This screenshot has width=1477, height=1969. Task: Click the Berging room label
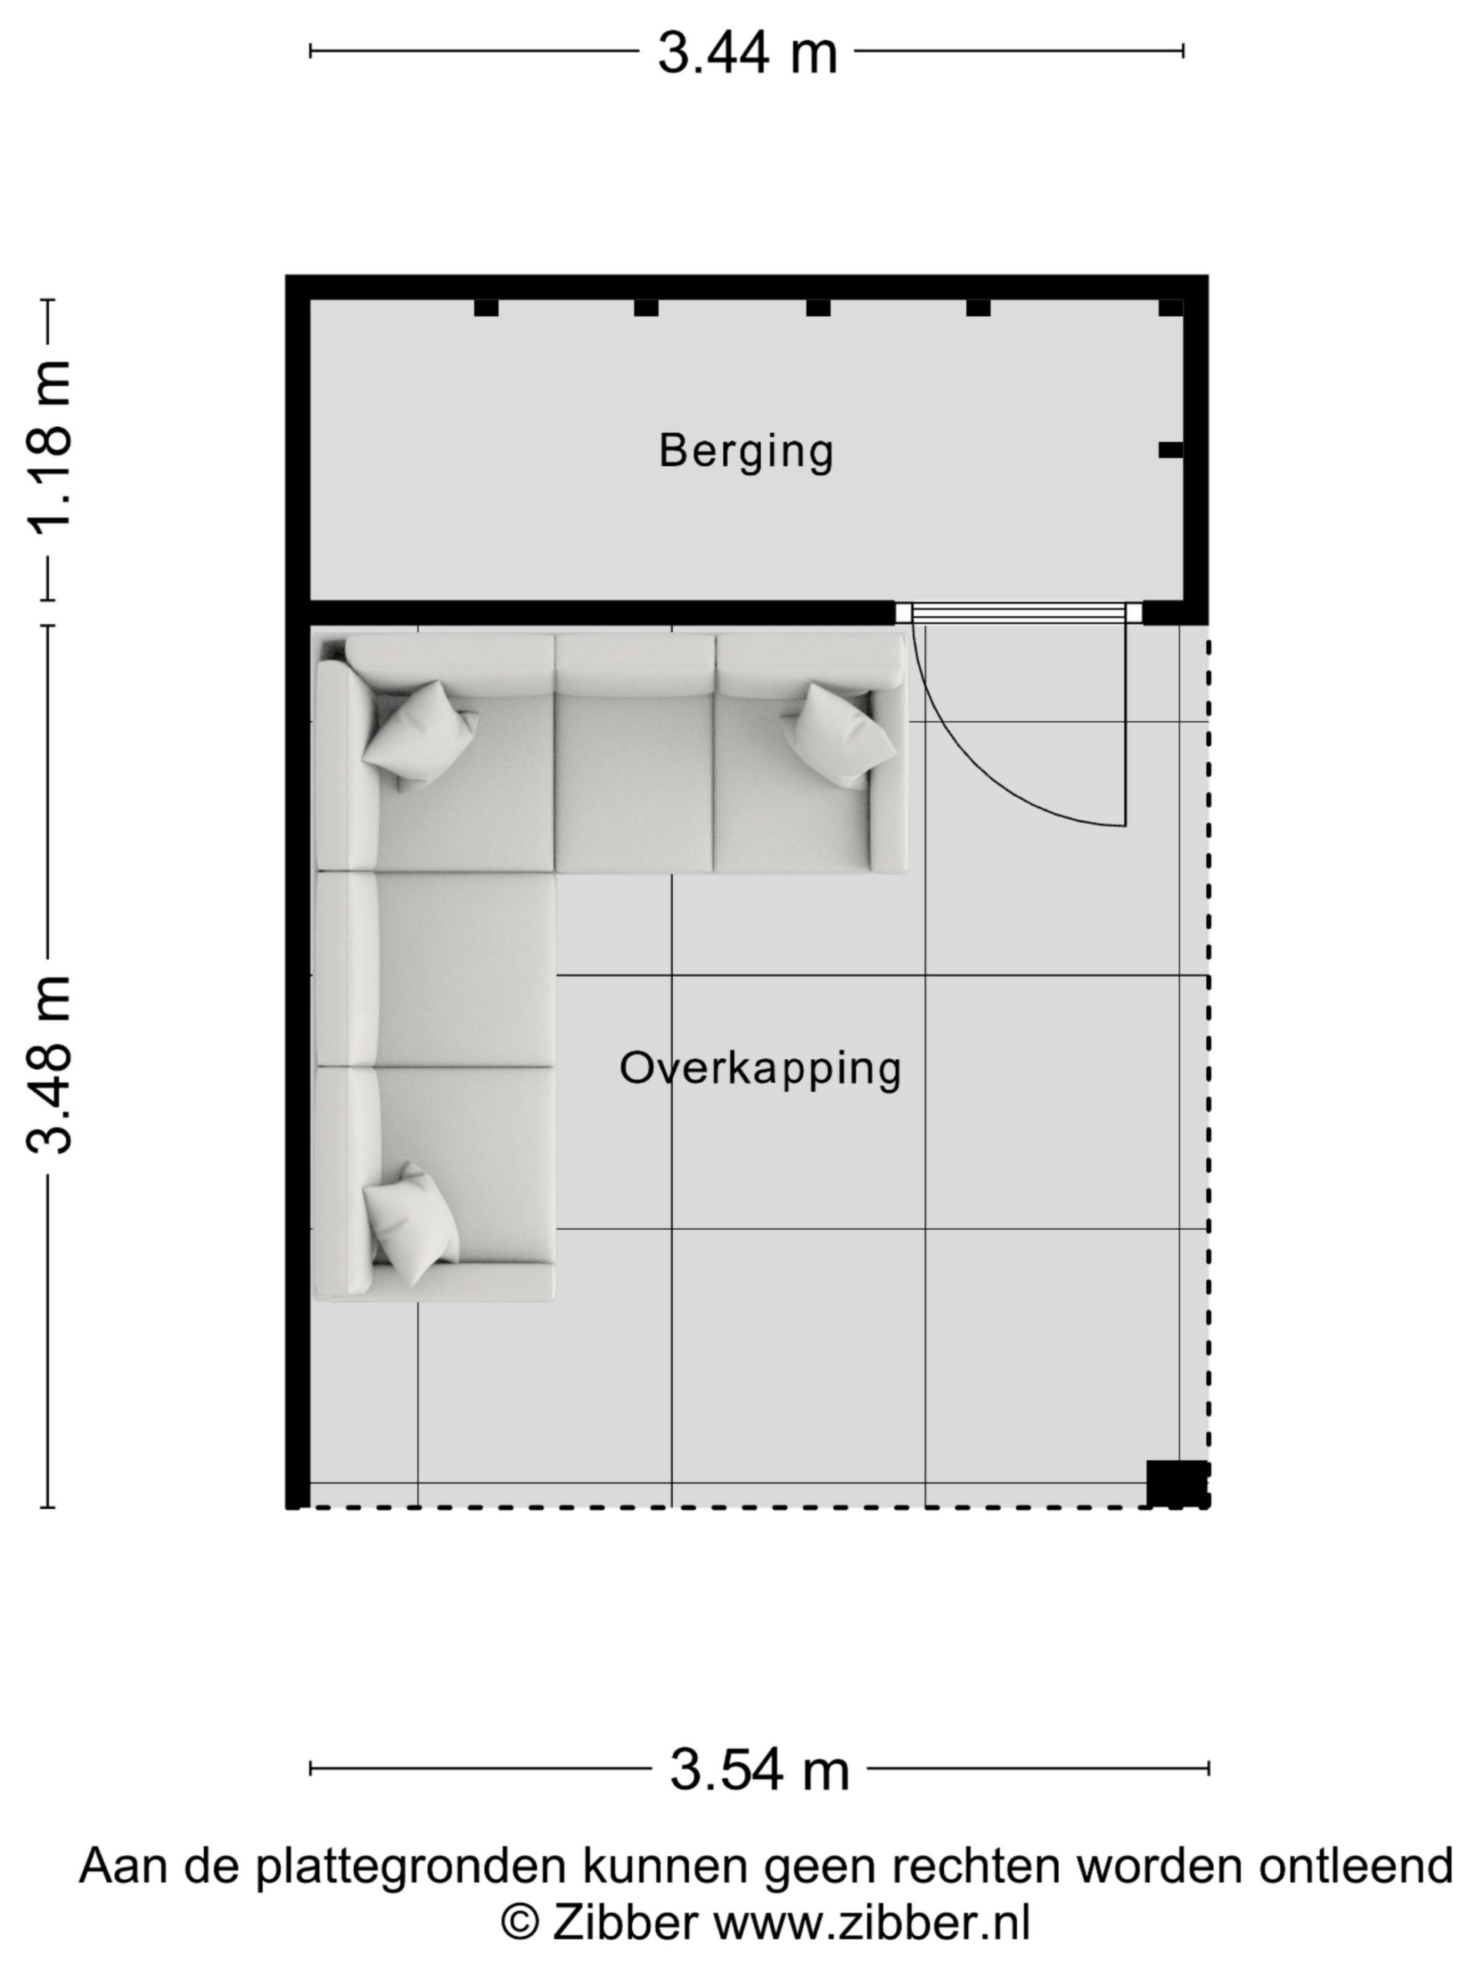coord(746,451)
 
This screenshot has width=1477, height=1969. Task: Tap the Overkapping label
coord(760,1068)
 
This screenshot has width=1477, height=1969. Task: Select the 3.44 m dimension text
coord(747,52)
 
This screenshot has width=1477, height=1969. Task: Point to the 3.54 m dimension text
coord(759,1770)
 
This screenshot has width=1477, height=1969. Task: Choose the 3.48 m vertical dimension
coord(49,1064)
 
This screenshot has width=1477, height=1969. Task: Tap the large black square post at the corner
coord(1176,1484)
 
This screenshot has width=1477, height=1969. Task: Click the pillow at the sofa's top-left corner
coord(419,735)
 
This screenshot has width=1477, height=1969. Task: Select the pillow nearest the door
coord(839,735)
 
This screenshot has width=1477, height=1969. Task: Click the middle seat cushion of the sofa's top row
coord(634,782)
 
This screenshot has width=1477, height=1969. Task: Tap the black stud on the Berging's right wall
coord(1171,451)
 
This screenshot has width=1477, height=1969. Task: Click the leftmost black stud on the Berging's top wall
coord(486,308)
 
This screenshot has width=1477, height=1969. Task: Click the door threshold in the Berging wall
coord(1019,612)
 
